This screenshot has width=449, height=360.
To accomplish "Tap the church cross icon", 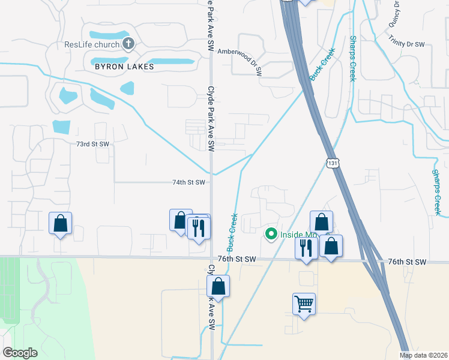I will (127, 43).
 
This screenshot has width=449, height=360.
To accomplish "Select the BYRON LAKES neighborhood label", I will (124, 67).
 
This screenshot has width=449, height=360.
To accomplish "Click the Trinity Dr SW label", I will (406, 44).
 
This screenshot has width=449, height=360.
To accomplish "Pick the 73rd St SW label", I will (92, 144).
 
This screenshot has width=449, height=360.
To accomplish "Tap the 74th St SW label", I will (189, 182).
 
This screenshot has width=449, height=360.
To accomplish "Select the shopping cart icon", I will (304, 304).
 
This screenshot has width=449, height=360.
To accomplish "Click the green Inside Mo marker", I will (271, 233).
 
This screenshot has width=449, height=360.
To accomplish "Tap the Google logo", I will (20, 353).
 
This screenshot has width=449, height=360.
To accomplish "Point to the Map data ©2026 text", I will (424, 355).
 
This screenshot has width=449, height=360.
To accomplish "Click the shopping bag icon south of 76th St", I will (219, 286).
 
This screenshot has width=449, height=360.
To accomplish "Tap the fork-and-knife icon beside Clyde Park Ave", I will (197, 227).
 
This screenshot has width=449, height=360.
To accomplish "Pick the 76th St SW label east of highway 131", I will (406, 262).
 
